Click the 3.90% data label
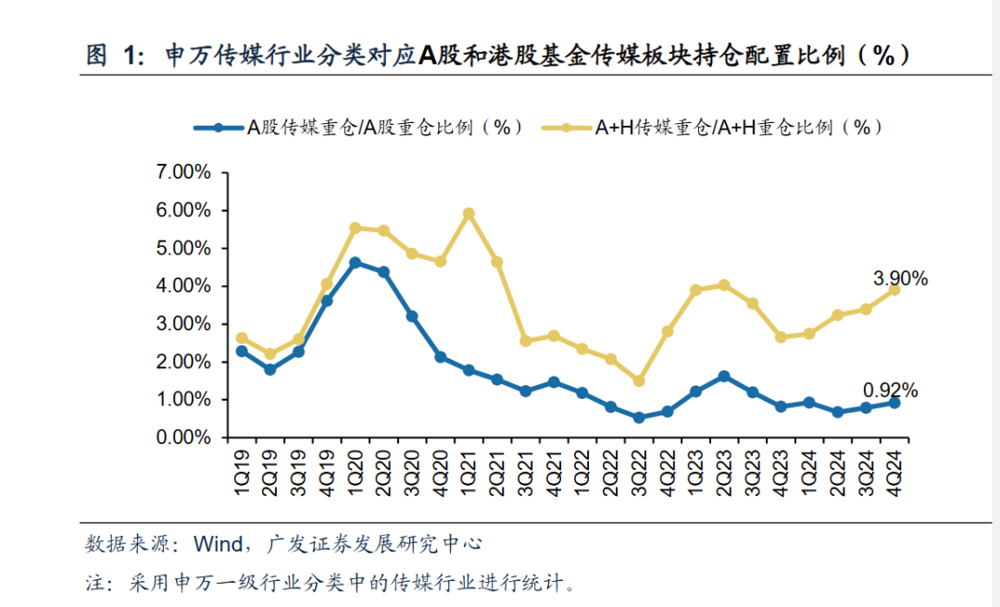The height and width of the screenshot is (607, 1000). (x=900, y=279)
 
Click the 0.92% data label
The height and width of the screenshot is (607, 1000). (x=890, y=390)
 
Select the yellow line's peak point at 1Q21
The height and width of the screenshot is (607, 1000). (x=469, y=213)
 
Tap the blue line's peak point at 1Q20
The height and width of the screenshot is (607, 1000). (x=355, y=263)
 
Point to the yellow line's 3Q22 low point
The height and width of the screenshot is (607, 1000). (x=639, y=380)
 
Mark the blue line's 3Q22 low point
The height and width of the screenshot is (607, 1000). (x=639, y=417)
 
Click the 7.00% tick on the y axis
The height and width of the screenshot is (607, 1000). (x=184, y=173)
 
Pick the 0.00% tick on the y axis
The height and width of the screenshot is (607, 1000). (x=184, y=438)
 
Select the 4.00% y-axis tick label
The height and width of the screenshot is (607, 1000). (x=184, y=286)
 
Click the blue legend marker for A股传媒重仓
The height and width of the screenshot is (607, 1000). (x=218, y=128)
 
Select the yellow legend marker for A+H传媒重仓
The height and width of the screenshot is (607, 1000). (x=566, y=128)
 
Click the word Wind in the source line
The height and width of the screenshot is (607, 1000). (x=218, y=543)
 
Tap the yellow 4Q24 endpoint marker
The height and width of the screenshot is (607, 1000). (x=894, y=290)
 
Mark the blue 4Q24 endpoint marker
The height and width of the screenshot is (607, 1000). (x=894, y=403)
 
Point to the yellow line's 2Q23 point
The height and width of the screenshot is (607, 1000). (x=724, y=285)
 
